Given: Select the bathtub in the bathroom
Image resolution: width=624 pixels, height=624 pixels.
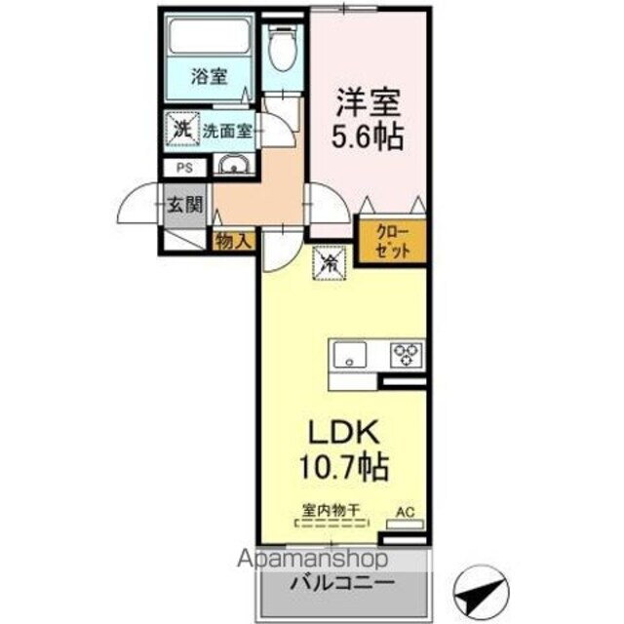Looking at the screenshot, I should (209, 38).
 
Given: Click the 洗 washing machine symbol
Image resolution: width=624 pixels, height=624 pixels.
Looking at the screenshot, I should (181, 128).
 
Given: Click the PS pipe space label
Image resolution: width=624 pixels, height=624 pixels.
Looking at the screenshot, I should (183, 168).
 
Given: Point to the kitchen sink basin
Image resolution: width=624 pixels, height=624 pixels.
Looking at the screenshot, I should (348, 355).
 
